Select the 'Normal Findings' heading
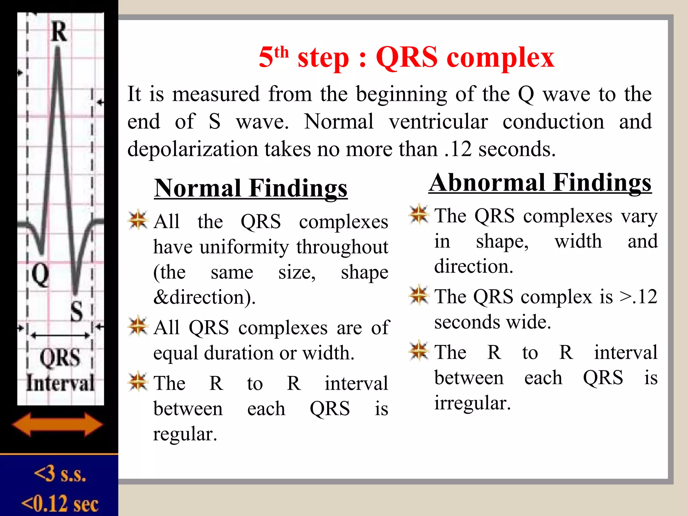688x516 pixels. (x=251, y=188)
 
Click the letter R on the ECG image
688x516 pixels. (x=59, y=32)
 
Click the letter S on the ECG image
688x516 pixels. (x=77, y=311)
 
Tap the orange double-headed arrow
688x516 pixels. (x=57, y=424)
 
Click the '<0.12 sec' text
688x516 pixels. (x=60, y=504)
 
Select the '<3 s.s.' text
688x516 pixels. (x=60, y=474)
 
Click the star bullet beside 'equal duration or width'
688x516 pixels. (x=138, y=326)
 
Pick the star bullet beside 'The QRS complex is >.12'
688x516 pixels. (x=419, y=295)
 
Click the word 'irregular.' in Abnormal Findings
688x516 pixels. (x=472, y=403)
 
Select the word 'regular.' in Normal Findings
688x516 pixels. (x=185, y=434)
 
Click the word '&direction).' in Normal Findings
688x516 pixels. (x=204, y=297)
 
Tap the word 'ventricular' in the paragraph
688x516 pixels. (x=438, y=122)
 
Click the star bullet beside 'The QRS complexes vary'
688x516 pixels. (x=419, y=214)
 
